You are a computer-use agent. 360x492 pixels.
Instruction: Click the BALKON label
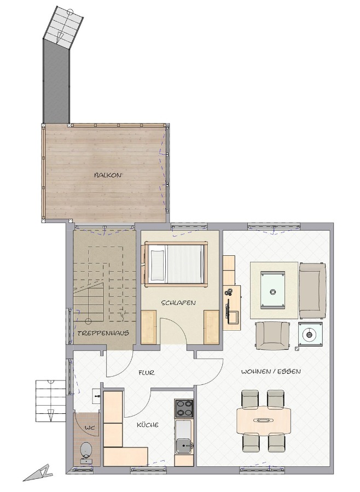coord(107,175)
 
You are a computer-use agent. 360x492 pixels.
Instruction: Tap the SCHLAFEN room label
coord(178,303)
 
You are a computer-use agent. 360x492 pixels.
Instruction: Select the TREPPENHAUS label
coord(103,333)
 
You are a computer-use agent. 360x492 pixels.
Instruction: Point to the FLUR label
coord(147,373)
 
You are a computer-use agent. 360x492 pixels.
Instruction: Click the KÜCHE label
coord(147,425)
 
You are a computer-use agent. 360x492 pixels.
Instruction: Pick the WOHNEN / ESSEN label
coord(271,372)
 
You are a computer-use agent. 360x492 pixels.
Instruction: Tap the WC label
coord(90,427)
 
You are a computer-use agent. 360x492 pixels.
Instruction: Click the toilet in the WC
coord(85,452)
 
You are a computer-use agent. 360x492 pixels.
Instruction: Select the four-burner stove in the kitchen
coord(184,408)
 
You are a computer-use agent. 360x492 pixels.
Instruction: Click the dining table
coord(264,420)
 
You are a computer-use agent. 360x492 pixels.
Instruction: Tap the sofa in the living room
coord(312,290)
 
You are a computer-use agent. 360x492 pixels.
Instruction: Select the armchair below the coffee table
coord(272,336)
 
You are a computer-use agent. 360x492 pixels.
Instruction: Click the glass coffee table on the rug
coord(272,290)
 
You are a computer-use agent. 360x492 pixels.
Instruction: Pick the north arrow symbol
coord(38,472)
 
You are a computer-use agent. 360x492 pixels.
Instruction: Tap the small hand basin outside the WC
coord(96,396)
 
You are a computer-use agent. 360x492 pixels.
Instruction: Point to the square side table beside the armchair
coord(310,335)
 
